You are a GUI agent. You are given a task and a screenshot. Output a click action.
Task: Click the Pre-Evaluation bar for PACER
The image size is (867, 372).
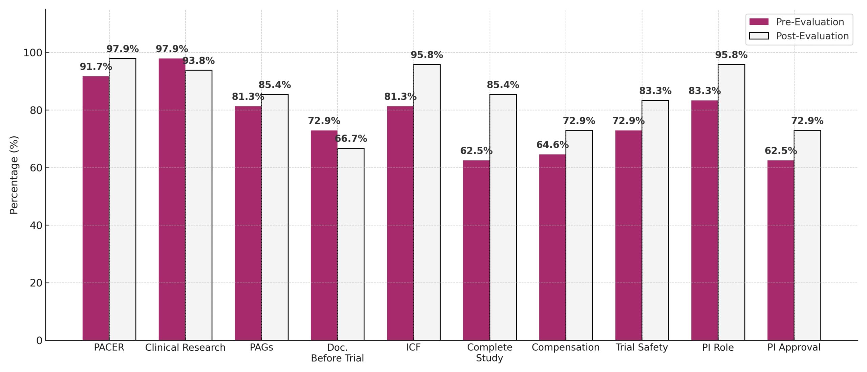coord(96,208)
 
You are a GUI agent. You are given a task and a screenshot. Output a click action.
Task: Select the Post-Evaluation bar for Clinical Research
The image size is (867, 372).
coord(198,205)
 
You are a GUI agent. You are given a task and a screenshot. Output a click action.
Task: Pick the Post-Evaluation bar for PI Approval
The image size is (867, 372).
coord(807,235)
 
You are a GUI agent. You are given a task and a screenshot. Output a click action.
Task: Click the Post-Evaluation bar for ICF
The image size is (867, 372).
coord(427,202)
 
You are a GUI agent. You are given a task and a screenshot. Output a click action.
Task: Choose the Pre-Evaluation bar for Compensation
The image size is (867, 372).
coord(552,247)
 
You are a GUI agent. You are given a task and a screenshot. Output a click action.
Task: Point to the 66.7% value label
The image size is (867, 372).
coord(351,139)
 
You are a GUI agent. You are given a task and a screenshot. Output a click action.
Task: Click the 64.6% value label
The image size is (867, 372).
coord(552,145)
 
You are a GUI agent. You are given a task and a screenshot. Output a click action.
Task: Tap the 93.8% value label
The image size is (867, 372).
coord(198,61)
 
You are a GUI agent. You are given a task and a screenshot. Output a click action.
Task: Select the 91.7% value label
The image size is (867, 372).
coord(96,67)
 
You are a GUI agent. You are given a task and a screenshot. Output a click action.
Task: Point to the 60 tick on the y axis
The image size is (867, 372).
coord(36,168)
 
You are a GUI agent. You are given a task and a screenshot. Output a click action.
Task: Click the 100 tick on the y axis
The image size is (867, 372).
coord(33,53)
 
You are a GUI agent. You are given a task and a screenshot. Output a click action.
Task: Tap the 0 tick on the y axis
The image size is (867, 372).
coord(39,340)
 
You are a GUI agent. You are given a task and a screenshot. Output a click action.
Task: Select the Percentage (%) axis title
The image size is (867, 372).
coord(14,175)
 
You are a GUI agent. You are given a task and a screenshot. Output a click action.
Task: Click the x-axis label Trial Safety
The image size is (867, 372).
coord(641,348)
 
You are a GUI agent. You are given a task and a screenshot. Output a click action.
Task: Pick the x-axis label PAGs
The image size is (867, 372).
coord(261,348)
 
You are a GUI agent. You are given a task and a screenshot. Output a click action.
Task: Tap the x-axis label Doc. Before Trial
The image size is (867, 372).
coord(337,353)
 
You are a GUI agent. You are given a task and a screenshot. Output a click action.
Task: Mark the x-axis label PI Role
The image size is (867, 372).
coord(718,348)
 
